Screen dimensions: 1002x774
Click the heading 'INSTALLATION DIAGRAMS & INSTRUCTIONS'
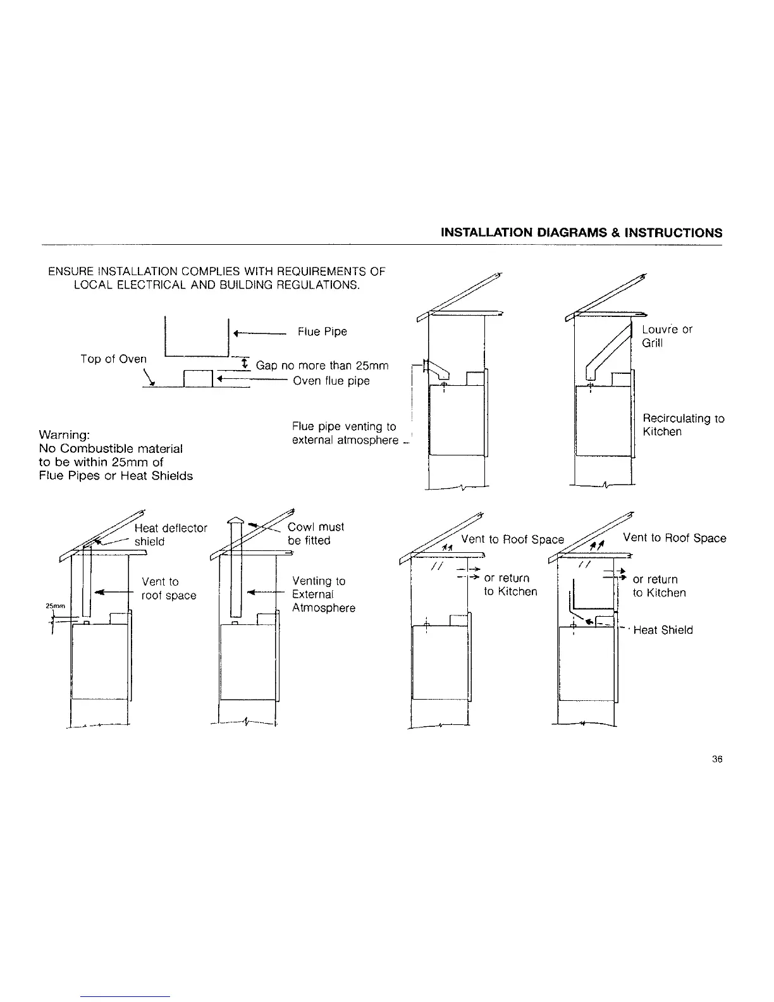pyautogui.click(x=581, y=232)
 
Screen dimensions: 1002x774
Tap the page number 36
pyautogui.click(x=716, y=760)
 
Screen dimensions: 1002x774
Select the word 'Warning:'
pyautogui.click(x=64, y=435)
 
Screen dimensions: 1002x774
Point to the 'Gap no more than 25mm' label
pyautogui.click(x=322, y=366)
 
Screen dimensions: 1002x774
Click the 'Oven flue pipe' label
pyautogui.click(x=331, y=381)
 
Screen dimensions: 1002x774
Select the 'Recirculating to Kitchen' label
pyautogui.click(x=683, y=425)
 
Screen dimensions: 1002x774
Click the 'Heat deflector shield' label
pyautogui.click(x=170, y=535)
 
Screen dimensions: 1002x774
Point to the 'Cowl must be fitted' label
pyautogui.click(x=316, y=533)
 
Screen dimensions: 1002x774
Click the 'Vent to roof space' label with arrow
pyautogui.click(x=168, y=588)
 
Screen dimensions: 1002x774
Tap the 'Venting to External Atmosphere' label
pyautogui.click(x=323, y=594)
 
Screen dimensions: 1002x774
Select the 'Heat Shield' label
pyautogui.click(x=663, y=630)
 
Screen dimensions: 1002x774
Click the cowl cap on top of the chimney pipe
pyautogui.click(x=235, y=521)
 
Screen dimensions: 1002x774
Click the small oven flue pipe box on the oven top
pyautogui.click(x=197, y=378)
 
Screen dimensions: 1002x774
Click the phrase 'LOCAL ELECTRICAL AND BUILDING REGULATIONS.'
pyautogui.click(x=217, y=285)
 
